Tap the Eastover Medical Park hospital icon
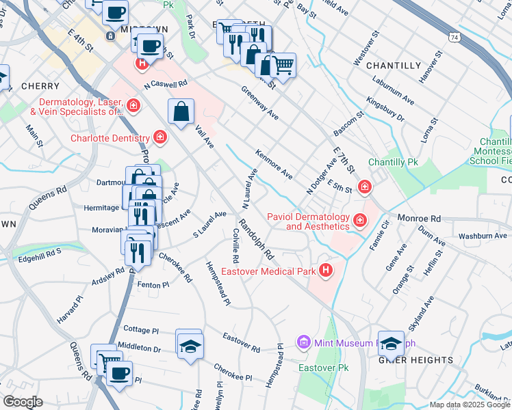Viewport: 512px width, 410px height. [x=326, y=271]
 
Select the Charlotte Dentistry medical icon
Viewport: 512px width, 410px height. [x=160, y=138]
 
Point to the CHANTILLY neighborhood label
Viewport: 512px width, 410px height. [x=394, y=66]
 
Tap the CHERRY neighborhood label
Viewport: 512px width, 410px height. [x=40, y=87]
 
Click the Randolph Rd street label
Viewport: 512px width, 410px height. [x=256, y=240]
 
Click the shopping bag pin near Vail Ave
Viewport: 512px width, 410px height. [x=181, y=112]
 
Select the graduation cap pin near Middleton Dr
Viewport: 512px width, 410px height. [x=189, y=343]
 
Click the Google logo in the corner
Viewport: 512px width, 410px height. [x=23, y=402]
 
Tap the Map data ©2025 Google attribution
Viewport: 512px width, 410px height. [x=469, y=405]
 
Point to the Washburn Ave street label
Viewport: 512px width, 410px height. [x=483, y=236]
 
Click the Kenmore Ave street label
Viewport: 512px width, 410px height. [x=274, y=164]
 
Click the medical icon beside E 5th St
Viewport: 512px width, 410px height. [x=364, y=186]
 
